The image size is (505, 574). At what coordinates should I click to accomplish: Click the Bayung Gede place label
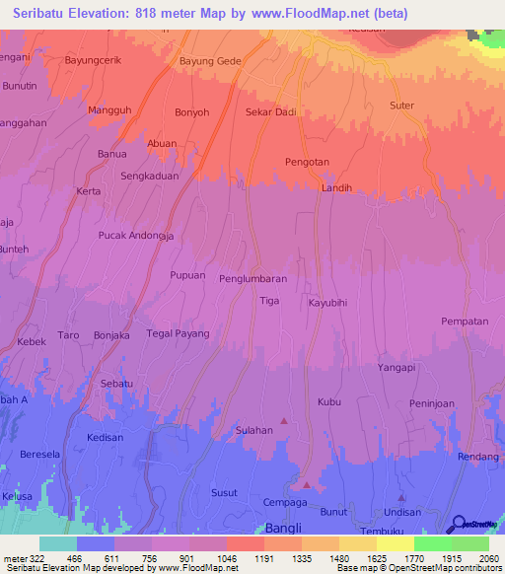point(210,61)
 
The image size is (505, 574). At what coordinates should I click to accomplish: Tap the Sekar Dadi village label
point(272,112)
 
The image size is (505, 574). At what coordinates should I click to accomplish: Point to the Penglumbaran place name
point(252,279)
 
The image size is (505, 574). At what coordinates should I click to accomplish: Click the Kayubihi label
point(330,304)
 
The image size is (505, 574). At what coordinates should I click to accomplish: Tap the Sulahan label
point(253,431)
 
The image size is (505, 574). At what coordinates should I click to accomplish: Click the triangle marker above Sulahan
point(284,420)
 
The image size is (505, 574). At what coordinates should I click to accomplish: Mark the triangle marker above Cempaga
point(307,485)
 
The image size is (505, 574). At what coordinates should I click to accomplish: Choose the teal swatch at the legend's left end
point(58,543)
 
